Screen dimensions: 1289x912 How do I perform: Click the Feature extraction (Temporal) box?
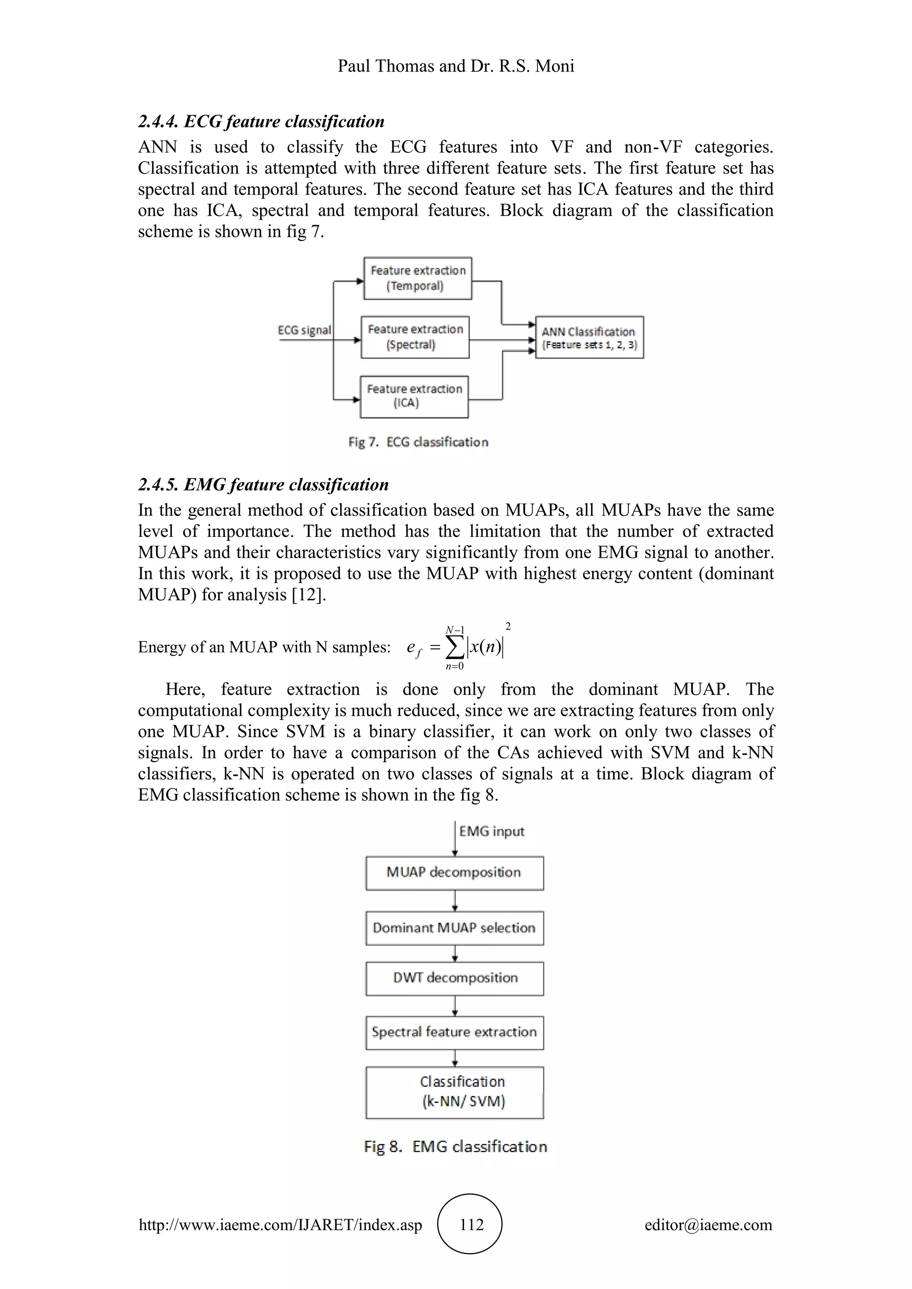point(417,279)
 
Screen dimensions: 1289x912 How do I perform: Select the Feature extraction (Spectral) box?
point(415,337)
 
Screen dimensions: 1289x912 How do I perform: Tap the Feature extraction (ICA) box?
point(414,396)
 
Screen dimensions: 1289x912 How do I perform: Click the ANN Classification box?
point(589,337)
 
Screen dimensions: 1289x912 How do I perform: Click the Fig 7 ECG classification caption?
point(418,442)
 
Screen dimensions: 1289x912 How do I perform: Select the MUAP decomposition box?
point(454,872)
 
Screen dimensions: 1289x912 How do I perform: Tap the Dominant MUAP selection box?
point(454,928)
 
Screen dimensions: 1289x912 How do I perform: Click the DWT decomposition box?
point(454,978)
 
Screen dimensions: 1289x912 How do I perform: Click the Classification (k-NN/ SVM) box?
point(454,1092)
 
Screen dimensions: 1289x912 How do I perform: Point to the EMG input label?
point(491,831)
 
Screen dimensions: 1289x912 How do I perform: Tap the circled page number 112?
point(471,1224)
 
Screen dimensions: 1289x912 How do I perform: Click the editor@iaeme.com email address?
point(708,1224)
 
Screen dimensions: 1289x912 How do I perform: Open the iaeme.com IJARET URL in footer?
point(280,1224)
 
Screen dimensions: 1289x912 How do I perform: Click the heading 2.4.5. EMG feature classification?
point(263,485)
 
